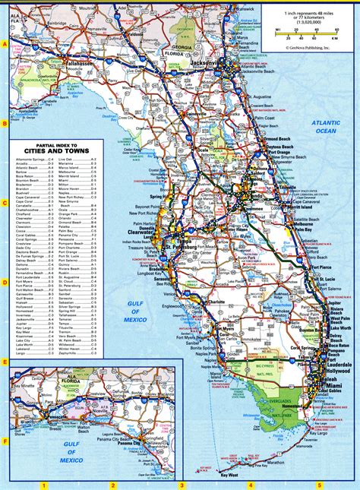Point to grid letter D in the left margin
(x=5, y=281)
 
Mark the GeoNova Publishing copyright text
(x=310, y=46)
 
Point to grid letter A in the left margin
(x=5, y=44)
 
